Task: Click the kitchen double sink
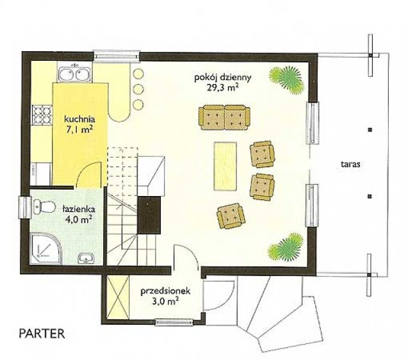click(x=74, y=73)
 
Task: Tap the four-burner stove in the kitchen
click(x=42, y=115)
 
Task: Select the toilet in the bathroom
click(x=44, y=207)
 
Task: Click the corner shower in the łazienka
click(x=46, y=249)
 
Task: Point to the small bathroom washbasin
click(x=86, y=258)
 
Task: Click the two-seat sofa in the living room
click(x=224, y=117)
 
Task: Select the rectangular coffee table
click(x=225, y=166)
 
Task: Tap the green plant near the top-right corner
click(x=287, y=79)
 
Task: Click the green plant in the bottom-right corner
click(x=286, y=247)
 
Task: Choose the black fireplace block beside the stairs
click(x=149, y=215)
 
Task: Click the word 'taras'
click(x=350, y=165)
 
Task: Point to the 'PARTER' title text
click(x=42, y=334)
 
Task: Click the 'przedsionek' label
click(x=165, y=291)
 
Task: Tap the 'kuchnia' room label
click(x=79, y=120)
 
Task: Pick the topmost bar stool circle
click(x=138, y=74)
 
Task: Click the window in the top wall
click(x=117, y=56)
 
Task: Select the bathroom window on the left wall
click(x=25, y=207)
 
